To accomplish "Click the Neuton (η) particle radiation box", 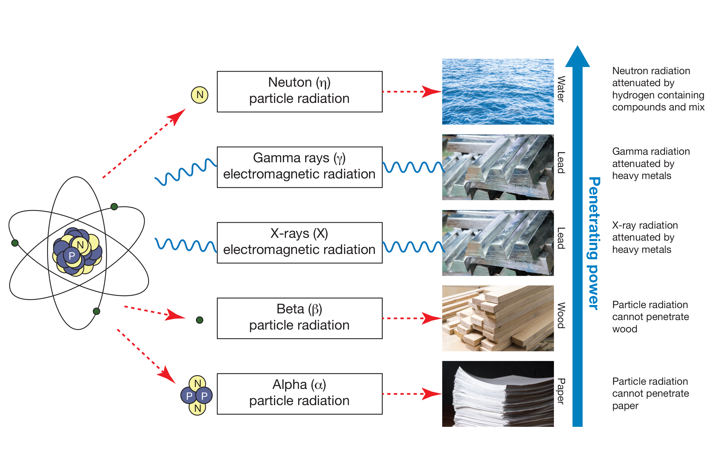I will click(299, 91).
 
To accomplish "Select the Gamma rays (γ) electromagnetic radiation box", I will click(299, 167).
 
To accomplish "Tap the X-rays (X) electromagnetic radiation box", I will click(299, 243).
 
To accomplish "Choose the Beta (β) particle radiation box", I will click(299, 318).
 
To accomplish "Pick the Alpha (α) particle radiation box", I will click(299, 394).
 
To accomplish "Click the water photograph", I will click(497, 91).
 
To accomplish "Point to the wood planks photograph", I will click(497, 318).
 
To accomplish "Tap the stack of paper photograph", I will click(497, 393).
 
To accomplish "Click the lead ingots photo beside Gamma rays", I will click(497, 167).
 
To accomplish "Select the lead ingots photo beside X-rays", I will click(497, 243).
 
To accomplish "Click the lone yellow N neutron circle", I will click(200, 95).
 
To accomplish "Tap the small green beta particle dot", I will click(199, 320).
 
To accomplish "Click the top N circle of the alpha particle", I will click(197, 383).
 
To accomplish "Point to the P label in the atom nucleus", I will click(72, 256).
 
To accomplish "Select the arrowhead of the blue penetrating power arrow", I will click(577, 57).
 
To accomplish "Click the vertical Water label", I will click(560, 89).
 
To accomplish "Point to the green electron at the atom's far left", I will click(15, 243).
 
